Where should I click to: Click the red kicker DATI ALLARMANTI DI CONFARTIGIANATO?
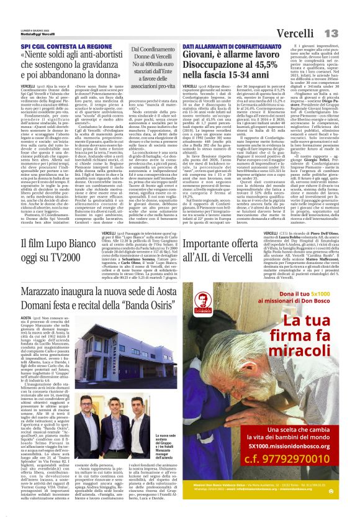(x=223, y=47)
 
